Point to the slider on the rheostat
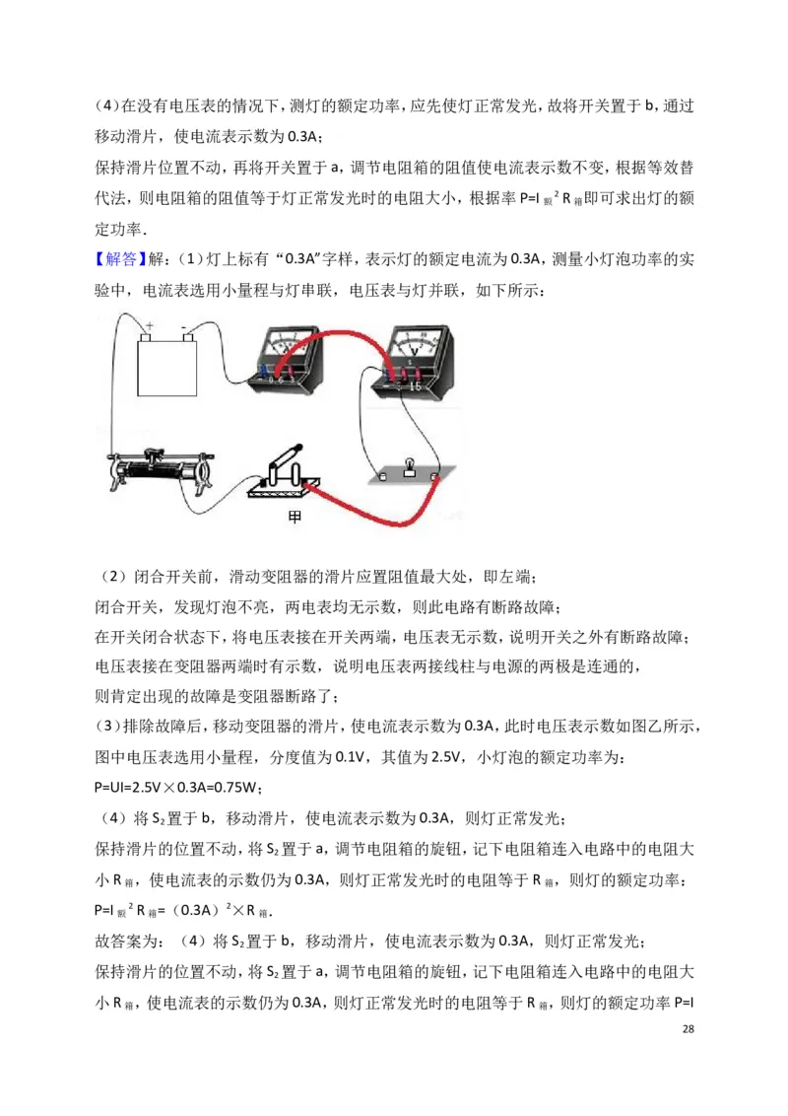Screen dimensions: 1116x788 coord(154,454)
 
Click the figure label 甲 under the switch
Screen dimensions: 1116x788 coord(294,517)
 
